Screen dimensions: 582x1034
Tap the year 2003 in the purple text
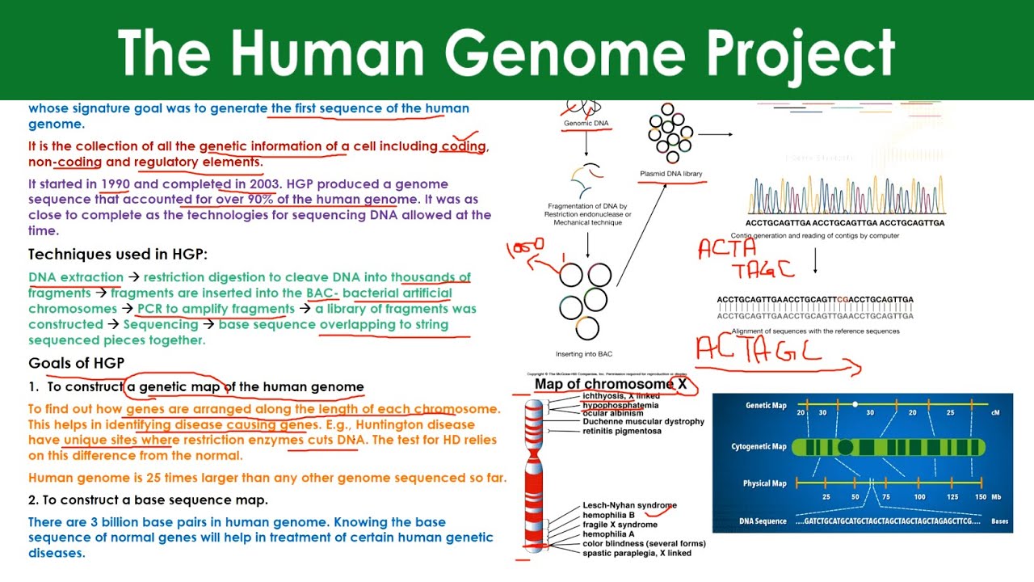pyautogui.click(x=266, y=183)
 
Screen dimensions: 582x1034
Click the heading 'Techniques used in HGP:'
pyautogui.click(x=118, y=254)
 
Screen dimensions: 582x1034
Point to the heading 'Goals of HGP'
pyautogui.click(x=76, y=362)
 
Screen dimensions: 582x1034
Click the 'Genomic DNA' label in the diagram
pyautogui.click(x=586, y=124)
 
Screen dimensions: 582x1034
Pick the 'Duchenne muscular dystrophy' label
pyautogui.click(x=643, y=421)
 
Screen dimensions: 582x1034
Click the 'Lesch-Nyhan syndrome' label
pyautogui.click(x=629, y=505)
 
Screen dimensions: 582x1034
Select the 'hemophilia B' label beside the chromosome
pyautogui.click(x=608, y=515)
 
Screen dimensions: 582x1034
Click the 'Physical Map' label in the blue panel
pyautogui.click(x=764, y=483)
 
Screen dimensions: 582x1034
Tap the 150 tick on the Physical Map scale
pyautogui.click(x=981, y=496)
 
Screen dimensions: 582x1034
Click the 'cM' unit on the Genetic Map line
pyautogui.click(x=995, y=412)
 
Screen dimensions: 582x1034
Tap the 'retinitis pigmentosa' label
pyautogui.click(x=622, y=431)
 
